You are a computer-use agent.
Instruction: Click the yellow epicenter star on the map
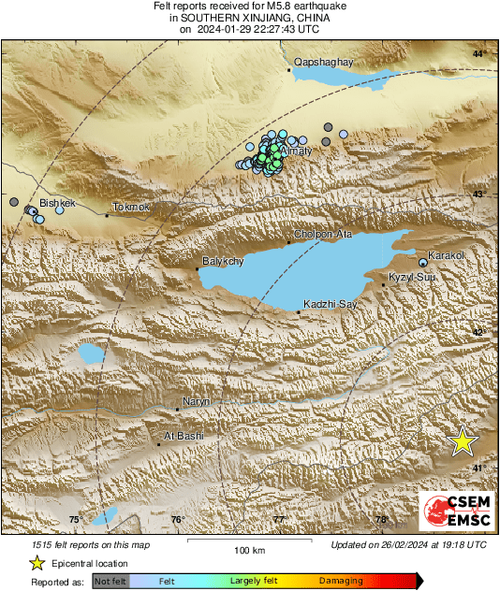[462, 441]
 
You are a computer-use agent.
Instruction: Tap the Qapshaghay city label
[323, 63]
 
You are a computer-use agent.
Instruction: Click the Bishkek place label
[56, 202]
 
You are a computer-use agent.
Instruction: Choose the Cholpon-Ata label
[323, 234]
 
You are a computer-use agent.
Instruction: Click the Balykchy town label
[222, 263]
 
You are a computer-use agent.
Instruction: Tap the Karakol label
[446, 255]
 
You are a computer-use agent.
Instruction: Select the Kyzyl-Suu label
[412, 278]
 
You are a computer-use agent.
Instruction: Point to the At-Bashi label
[184, 436]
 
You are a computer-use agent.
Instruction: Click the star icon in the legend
[37, 563]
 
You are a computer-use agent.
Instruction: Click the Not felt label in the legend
[110, 581]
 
